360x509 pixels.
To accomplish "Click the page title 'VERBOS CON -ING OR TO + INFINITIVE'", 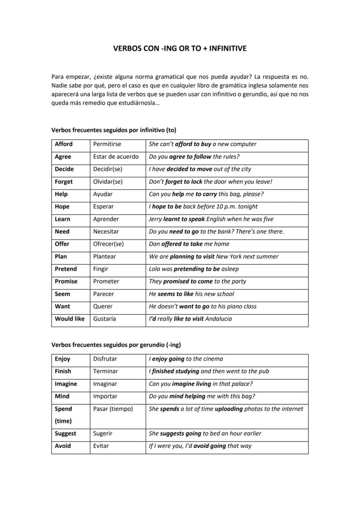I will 180,49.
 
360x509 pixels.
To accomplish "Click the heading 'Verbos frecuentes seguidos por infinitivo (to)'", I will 113,130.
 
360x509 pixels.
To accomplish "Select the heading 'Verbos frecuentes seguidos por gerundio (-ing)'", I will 116,345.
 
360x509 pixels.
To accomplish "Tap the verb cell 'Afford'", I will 64,144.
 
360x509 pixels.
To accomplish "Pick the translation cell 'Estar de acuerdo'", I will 116,156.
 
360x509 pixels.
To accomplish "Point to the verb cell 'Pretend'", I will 66,269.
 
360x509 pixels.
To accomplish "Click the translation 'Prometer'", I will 106,281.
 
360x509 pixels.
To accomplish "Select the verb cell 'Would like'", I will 70,319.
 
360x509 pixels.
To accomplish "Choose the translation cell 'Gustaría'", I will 104,319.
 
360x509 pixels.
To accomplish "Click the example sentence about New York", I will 213,256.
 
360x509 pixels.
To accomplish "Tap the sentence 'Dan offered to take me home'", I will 189,244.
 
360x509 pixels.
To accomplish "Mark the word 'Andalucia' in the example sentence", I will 218,319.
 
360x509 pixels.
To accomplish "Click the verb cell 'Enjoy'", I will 63,359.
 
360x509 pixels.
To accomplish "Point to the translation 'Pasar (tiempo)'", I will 113,409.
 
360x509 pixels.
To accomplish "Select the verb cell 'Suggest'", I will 65,433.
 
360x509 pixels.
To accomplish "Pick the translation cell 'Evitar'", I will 101,446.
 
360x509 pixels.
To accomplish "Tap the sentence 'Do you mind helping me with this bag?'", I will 202,396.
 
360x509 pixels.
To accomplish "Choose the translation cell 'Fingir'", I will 101,269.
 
